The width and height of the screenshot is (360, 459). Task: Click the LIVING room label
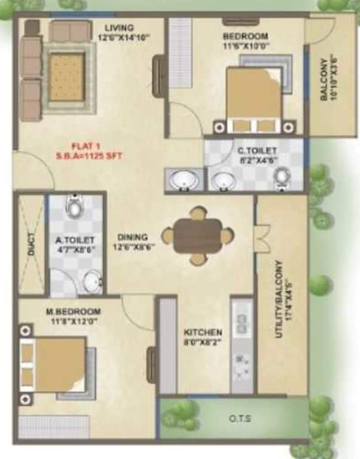click(x=119, y=28)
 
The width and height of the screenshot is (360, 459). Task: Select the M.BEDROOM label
click(x=74, y=311)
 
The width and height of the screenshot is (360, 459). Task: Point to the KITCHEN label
click(x=203, y=332)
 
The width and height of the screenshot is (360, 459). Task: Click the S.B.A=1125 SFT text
click(x=90, y=156)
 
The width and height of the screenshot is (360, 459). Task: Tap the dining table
click(x=197, y=235)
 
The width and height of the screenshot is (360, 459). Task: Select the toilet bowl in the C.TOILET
click(x=282, y=177)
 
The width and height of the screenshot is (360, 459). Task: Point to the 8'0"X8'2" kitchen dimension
click(x=203, y=343)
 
